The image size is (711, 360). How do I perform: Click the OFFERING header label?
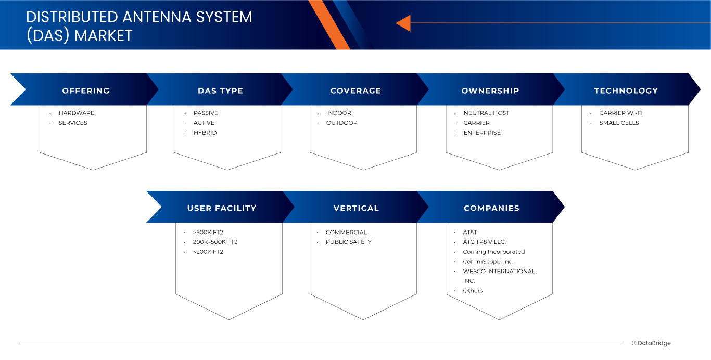coord(86,91)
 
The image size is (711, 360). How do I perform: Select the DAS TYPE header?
coord(220,91)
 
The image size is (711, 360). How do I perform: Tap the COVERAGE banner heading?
coord(355,91)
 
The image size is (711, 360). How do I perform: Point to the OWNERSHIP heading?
coord(490,91)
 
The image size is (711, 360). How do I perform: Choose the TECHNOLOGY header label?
coord(626,91)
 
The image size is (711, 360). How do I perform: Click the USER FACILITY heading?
coord(222,208)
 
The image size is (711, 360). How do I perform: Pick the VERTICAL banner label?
coord(356,208)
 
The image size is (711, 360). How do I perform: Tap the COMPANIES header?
coord(491,208)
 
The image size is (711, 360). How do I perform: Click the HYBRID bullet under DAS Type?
coord(205,133)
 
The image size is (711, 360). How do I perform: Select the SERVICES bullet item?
coord(73,123)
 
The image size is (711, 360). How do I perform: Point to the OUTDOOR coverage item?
coord(341,123)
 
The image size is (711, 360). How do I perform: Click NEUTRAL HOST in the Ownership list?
coord(486,113)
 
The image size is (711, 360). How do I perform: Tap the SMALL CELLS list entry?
coord(619,123)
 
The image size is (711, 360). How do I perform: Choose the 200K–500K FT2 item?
coord(215,242)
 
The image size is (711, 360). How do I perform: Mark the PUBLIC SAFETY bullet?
coord(348,242)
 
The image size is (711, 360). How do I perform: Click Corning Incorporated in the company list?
coord(493,252)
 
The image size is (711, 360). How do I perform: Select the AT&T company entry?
coord(470,232)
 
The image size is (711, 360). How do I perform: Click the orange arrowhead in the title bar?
coord(403,23)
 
